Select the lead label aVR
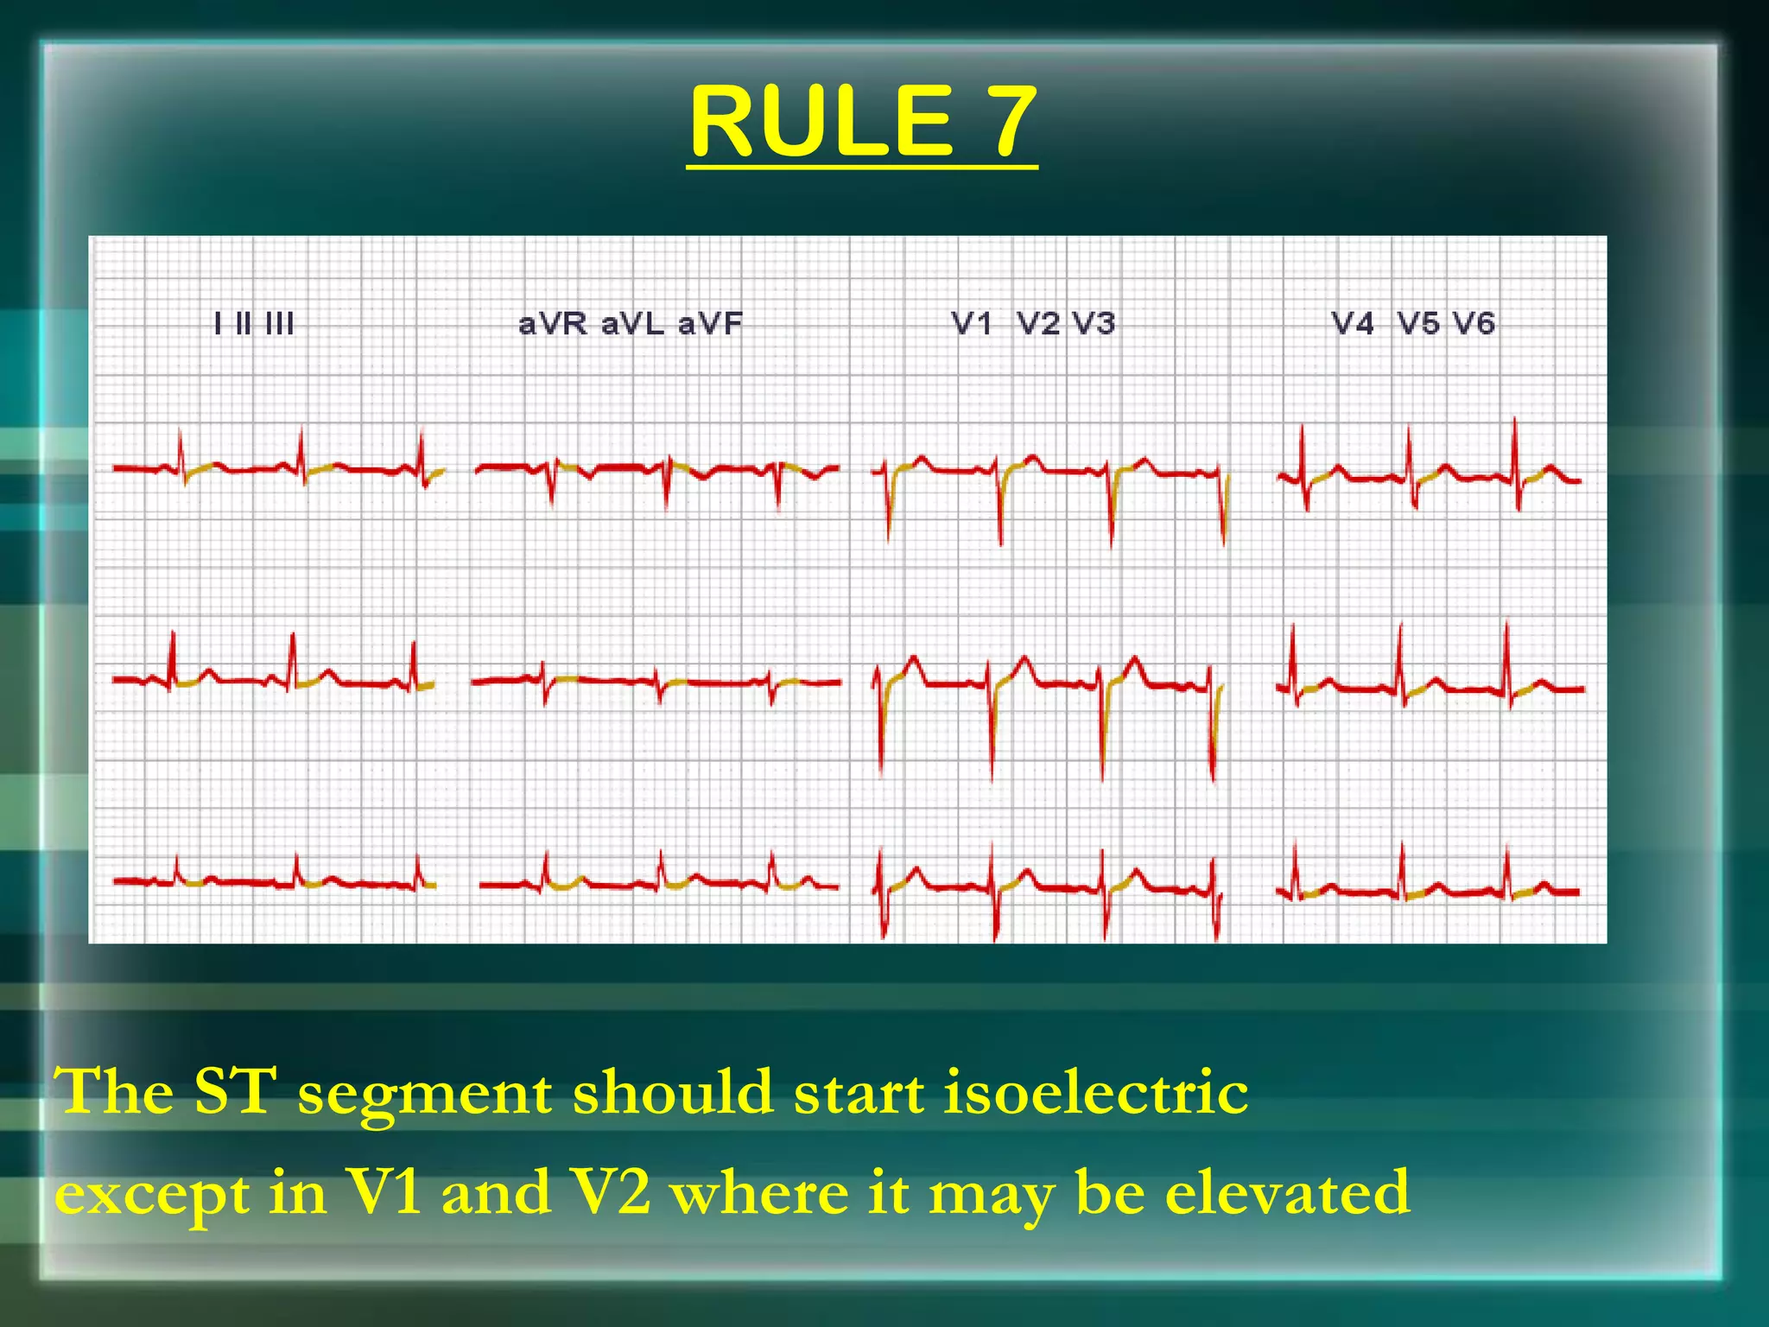point(553,324)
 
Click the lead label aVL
point(633,324)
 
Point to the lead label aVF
point(710,324)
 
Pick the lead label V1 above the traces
point(971,324)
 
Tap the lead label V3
point(1094,324)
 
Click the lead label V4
point(1353,324)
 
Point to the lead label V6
point(1474,324)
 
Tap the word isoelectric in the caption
point(1095,1092)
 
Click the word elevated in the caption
point(1287,1192)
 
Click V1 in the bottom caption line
point(384,1191)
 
